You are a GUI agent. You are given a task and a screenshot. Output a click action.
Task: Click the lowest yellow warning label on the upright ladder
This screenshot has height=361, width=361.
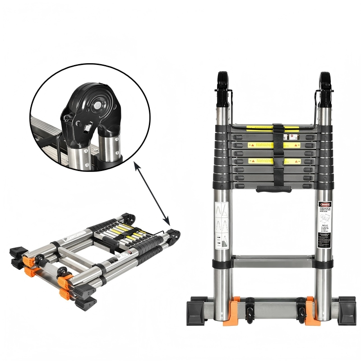click(262, 160)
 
